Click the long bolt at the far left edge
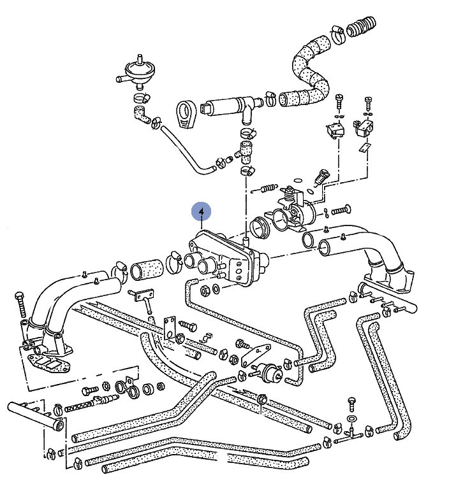click(x=21, y=307)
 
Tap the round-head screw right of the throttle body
click(x=341, y=208)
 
